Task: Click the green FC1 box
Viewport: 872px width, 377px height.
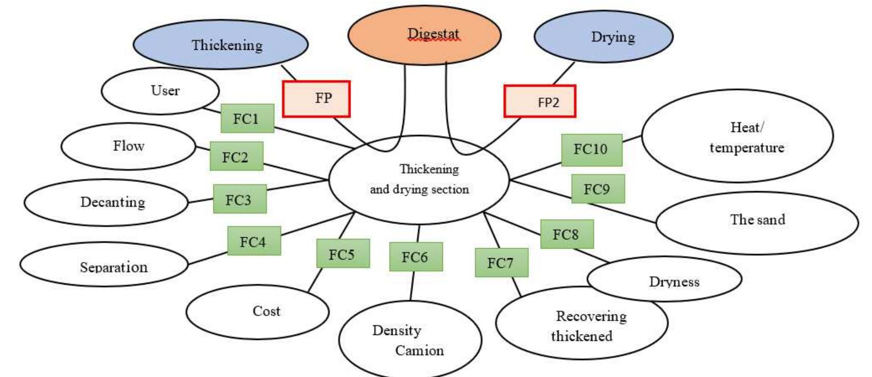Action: pos(247,118)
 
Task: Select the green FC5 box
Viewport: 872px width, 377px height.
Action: pos(343,254)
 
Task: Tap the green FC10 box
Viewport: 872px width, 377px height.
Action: pos(591,149)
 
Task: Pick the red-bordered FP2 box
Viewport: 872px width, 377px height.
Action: pos(540,101)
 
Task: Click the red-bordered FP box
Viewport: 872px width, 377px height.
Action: pos(316,99)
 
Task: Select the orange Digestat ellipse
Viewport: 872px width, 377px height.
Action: pos(424,35)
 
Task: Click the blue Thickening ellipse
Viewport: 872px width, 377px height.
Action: pos(220,44)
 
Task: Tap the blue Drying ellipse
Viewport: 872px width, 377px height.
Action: pos(603,37)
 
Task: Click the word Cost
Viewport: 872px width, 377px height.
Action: pos(266,311)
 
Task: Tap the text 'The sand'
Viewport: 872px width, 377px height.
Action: pos(757,220)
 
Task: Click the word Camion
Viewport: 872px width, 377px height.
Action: pos(419,350)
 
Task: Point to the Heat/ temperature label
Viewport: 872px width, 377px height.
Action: pos(746,137)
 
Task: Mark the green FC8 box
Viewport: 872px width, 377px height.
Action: pos(567,234)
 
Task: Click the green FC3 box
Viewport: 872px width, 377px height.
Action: pos(239,199)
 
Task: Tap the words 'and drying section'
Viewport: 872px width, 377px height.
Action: pos(419,189)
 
